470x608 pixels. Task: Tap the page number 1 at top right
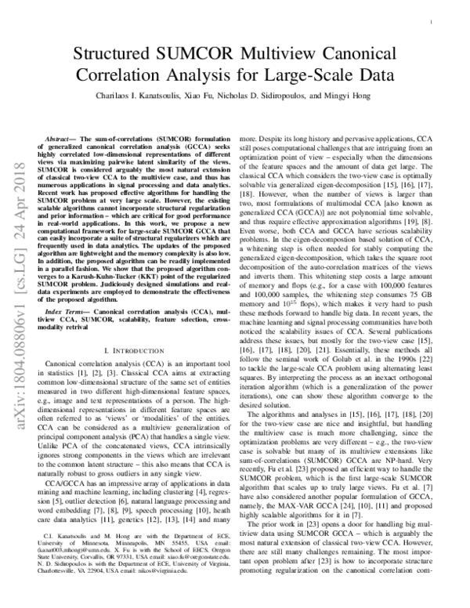click(x=432, y=24)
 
